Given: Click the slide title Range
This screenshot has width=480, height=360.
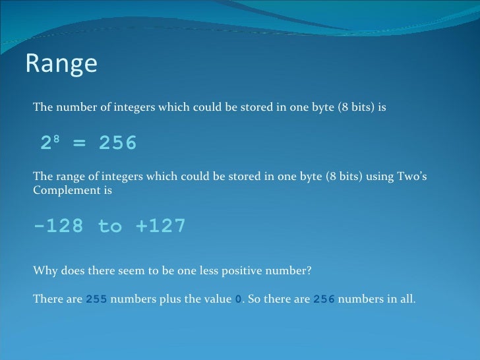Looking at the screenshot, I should pos(61,64).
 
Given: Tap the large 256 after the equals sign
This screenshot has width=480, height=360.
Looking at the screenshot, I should pos(117,143).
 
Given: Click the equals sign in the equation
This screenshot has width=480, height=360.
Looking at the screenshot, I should pos(79,144).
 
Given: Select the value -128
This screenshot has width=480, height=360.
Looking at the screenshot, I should pos(58,227).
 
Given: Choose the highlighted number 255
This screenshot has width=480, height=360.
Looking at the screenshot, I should pos(96,299).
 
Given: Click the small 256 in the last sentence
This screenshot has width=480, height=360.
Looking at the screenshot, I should pos(324,299).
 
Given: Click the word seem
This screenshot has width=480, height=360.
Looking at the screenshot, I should pos(121,270).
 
